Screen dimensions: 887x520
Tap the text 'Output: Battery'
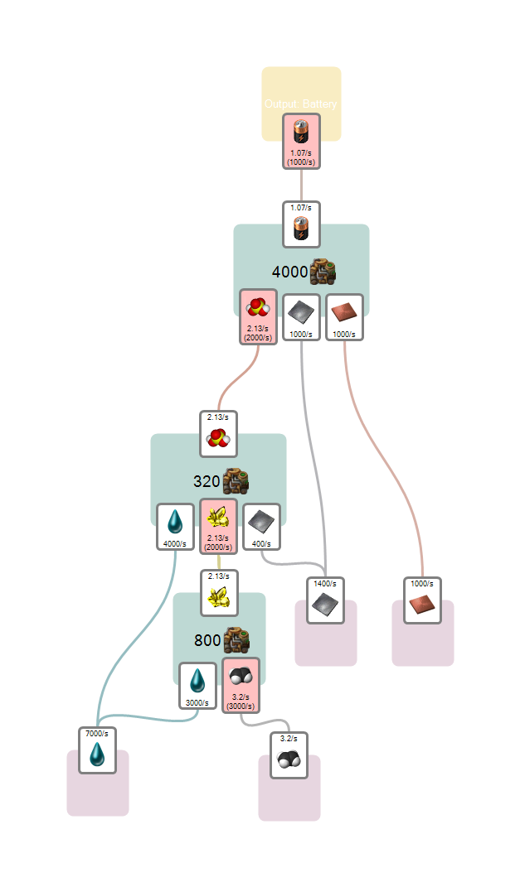[301, 104]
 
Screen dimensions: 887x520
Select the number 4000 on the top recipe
[289, 272]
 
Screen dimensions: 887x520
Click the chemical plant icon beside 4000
[323, 271]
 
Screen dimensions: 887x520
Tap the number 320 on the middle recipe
[207, 481]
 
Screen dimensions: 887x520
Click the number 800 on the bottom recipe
[207, 639]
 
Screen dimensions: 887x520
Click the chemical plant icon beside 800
[237, 639]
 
